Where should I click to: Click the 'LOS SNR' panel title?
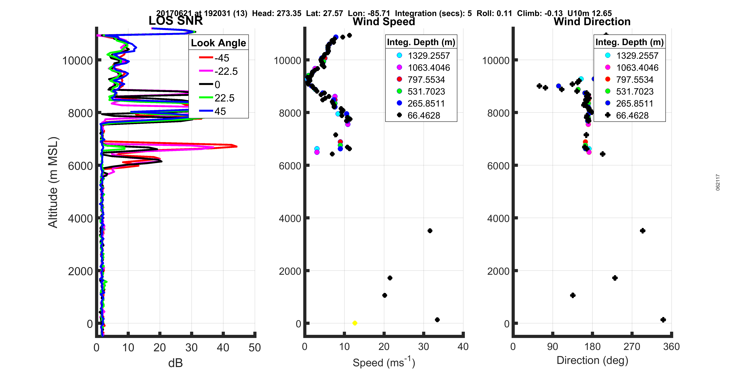[x=175, y=21]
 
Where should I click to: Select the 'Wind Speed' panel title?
[x=384, y=22]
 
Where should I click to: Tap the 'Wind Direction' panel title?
[x=592, y=22]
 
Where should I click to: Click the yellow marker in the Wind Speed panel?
[x=355, y=323]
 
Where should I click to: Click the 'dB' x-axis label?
[x=175, y=363]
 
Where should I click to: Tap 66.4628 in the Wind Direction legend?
[x=632, y=115]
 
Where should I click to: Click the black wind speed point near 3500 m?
[x=430, y=231]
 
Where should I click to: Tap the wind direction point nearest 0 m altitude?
[x=663, y=320]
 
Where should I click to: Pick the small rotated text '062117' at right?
[x=718, y=182]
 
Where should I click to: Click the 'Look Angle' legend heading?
[x=218, y=43]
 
